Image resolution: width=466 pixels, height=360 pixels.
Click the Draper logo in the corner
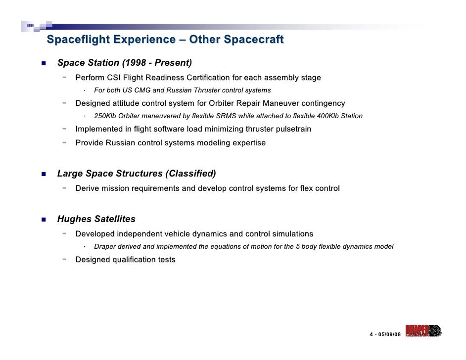coord(422,331)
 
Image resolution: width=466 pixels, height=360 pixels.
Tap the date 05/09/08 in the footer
coord(388,335)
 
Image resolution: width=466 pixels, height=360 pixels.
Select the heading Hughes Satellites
coord(96,219)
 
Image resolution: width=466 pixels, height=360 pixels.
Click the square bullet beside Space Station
coord(44,63)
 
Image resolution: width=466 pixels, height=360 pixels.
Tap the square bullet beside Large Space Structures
coord(44,174)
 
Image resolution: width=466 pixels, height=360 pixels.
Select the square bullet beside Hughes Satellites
coord(44,220)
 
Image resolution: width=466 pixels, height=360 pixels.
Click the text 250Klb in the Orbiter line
coord(106,116)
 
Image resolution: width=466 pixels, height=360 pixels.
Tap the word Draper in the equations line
coord(105,247)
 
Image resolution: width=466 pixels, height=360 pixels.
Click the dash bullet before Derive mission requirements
coord(65,188)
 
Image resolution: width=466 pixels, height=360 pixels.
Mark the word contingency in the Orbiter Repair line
coord(323,103)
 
